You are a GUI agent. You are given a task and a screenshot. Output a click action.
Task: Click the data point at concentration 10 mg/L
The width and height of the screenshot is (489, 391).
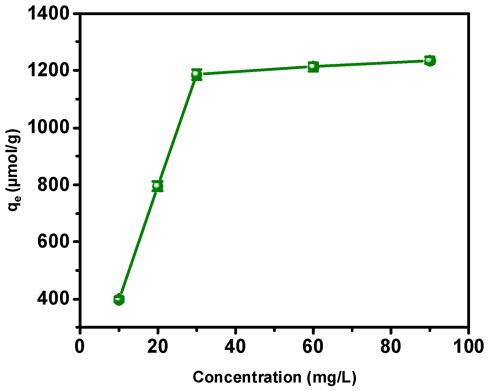tap(119, 299)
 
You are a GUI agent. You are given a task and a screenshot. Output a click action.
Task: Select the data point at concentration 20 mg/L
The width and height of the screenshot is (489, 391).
tap(157, 186)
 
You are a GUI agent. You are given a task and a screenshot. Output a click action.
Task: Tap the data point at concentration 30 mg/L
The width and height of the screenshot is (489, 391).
tap(197, 74)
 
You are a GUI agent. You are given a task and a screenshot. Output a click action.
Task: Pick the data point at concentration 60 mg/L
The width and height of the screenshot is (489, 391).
tap(313, 67)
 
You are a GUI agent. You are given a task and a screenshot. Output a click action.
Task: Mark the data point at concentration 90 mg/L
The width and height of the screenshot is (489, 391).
tap(430, 61)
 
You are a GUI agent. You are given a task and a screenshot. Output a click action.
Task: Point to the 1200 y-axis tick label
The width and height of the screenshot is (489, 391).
tap(48, 70)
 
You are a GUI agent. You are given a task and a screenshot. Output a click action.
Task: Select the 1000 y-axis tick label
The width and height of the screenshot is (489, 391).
tap(48, 128)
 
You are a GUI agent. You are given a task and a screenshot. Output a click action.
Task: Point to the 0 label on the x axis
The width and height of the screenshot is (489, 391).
tap(80, 346)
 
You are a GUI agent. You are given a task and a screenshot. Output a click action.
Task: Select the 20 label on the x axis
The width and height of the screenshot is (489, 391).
tap(158, 346)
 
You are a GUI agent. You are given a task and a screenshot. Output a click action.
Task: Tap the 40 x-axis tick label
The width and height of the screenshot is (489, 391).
tap(235, 346)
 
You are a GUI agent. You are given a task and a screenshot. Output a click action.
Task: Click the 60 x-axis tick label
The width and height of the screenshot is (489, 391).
tap(313, 346)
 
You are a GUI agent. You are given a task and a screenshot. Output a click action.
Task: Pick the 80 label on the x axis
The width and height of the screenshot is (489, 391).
tap(391, 346)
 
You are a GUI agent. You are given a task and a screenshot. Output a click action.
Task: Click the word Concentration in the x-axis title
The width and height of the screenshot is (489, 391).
tap(247, 377)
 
